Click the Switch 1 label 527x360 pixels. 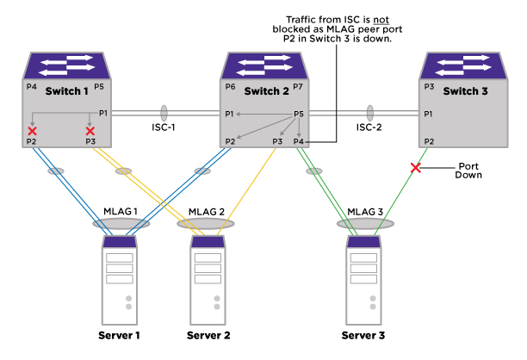[x=66, y=91]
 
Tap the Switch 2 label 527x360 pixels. [x=267, y=91]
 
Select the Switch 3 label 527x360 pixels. [x=465, y=91]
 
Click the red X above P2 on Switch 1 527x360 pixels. [x=33, y=131]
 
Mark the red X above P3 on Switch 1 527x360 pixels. [x=90, y=131]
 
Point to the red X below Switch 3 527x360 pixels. [x=416, y=168]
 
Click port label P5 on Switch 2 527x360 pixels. [x=299, y=114]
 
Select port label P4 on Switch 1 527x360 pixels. [x=32, y=86]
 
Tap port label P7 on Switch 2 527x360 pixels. [x=298, y=87]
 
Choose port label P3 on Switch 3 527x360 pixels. [x=429, y=87]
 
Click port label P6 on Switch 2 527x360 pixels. [x=230, y=87]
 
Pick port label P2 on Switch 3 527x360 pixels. [x=429, y=141]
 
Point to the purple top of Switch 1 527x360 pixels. [x=66, y=65]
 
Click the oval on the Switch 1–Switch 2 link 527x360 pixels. [x=164, y=113]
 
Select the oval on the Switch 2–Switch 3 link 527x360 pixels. [x=370, y=113]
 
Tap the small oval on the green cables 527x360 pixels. [x=314, y=171]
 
